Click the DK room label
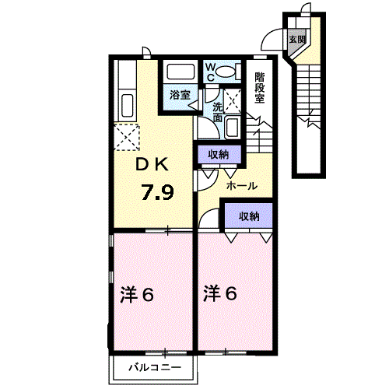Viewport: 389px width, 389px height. coord(152,164)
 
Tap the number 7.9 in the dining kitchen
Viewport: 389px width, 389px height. coord(157,192)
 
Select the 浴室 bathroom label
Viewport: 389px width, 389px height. coord(180,95)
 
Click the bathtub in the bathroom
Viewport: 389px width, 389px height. coord(180,72)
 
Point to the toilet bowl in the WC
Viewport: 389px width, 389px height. coord(225,71)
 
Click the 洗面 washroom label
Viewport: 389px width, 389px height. coord(218,112)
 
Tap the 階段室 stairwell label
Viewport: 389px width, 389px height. coord(259,88)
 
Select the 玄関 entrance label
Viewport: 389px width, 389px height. coord(297,40)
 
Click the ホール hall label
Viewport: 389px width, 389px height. coord(242,186)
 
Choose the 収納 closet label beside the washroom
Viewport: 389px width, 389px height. coord(219,155)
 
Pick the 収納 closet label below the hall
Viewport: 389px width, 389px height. coord(249,216)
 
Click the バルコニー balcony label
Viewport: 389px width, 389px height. coord(155,367)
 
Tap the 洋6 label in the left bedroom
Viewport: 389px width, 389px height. coord(137,294)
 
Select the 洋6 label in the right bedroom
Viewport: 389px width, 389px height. coord(220,293)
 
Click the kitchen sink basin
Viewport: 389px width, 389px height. coord(128,106)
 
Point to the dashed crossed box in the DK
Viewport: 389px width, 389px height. coord(127,138)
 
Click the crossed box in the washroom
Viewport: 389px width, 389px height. coord(233,101)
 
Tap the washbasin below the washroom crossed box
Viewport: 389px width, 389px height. coord(233,128)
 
